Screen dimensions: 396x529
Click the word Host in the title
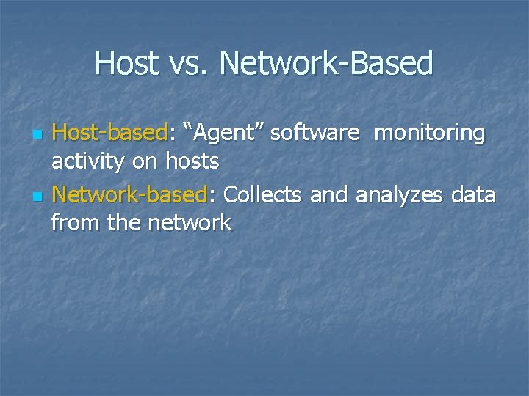[x=126, y=64]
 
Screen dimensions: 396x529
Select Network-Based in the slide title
[x=326, y=64]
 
